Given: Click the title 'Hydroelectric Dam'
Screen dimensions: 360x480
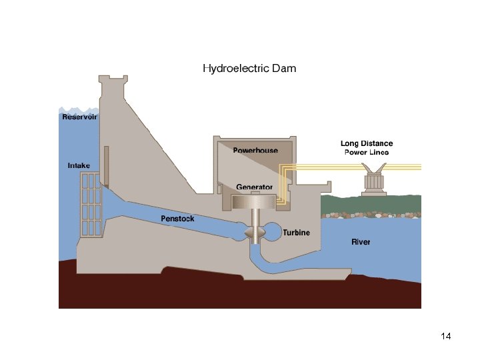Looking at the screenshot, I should click(x=249, y=68).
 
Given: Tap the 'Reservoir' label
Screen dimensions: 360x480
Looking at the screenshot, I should click(x=79, y=117).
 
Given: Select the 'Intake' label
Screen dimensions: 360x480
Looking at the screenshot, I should click(x=79, y=165).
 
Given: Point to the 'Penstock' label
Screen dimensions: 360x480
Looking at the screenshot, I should click(x=177, y=219).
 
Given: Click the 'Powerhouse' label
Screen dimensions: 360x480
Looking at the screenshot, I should click(x=255, y=151).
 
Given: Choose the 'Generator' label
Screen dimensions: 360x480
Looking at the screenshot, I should click(x=254, y=187).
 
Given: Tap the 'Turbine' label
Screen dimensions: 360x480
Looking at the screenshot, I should click(x=296, y=233).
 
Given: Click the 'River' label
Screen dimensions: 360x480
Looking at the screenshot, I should click(x=361, y=242).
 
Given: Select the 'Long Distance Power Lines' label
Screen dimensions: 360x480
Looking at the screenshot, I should click(x=367, y=148).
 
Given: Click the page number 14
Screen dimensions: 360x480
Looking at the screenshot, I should click(x=447, y=336).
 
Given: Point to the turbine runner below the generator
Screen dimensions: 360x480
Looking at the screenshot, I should click(x=257, y=233).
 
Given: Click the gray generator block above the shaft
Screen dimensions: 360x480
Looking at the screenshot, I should click(x=254, y=201).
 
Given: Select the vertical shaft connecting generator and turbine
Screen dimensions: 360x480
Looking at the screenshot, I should click(x=255, y=217).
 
